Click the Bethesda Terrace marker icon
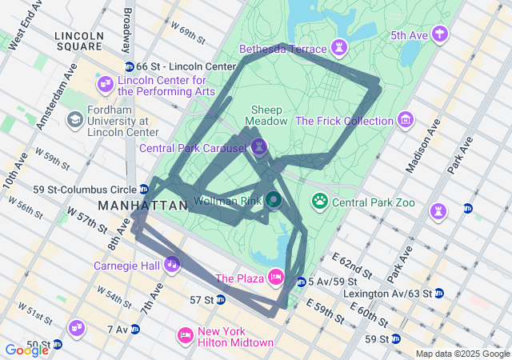coord(342,49)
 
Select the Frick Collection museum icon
coord(406,121)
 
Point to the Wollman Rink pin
coord(274,199)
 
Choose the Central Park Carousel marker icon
coord(258,147)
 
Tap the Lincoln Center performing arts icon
coord(105,84)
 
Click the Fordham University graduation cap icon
coord(74,119)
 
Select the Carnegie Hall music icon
coord(171,264)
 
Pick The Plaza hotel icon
coord(275,278)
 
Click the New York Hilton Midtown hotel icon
coord(185,335)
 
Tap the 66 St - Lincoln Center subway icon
coord(130,66)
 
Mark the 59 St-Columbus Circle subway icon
coord(144,190)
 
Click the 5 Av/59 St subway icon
coord(301,282)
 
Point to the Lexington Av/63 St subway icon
coord(439,294)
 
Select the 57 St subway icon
coord(220,299)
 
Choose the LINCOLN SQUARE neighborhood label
coord(79,41)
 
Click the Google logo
coord(26,350)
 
